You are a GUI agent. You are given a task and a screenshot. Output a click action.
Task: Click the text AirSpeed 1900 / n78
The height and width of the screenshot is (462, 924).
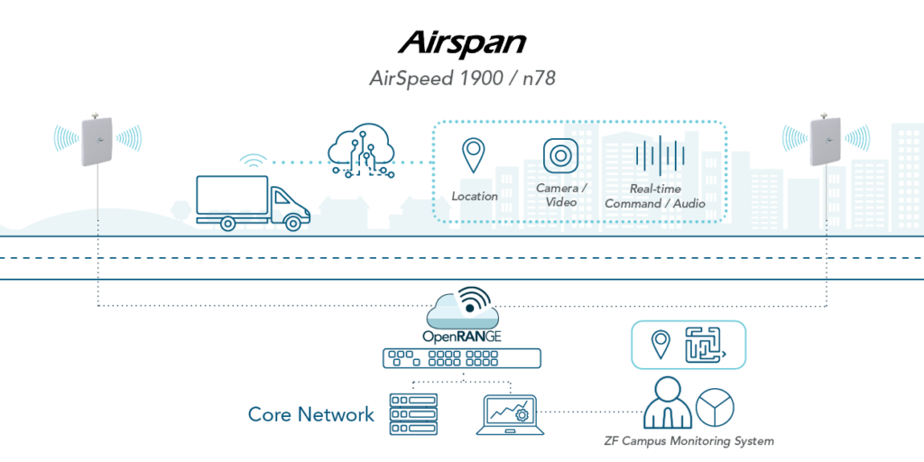(x=462, y=79)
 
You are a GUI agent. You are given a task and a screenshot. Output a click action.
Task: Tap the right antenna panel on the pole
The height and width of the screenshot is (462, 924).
(x=826, y=140)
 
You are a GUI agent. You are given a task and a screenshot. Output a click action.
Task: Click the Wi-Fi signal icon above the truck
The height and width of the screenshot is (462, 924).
(x=254, y=162)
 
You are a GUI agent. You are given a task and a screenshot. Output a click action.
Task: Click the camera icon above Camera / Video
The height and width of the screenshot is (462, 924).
(x=559, y=155)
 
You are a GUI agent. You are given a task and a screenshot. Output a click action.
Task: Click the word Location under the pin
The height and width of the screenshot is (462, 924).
(x=475, y=196)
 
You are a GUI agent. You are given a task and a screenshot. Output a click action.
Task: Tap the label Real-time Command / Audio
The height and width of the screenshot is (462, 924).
(x=655, y=197)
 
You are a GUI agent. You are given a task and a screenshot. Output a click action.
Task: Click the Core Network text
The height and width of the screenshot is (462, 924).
(x=310, y=414)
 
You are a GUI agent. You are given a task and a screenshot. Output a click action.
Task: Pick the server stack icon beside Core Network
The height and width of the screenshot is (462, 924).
(x=411, y=414)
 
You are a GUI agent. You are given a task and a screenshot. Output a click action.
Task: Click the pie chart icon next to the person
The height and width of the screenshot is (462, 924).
(x=716, y=407)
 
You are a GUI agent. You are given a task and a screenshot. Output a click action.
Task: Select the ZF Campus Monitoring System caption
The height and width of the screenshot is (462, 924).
(x=689, y=441)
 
